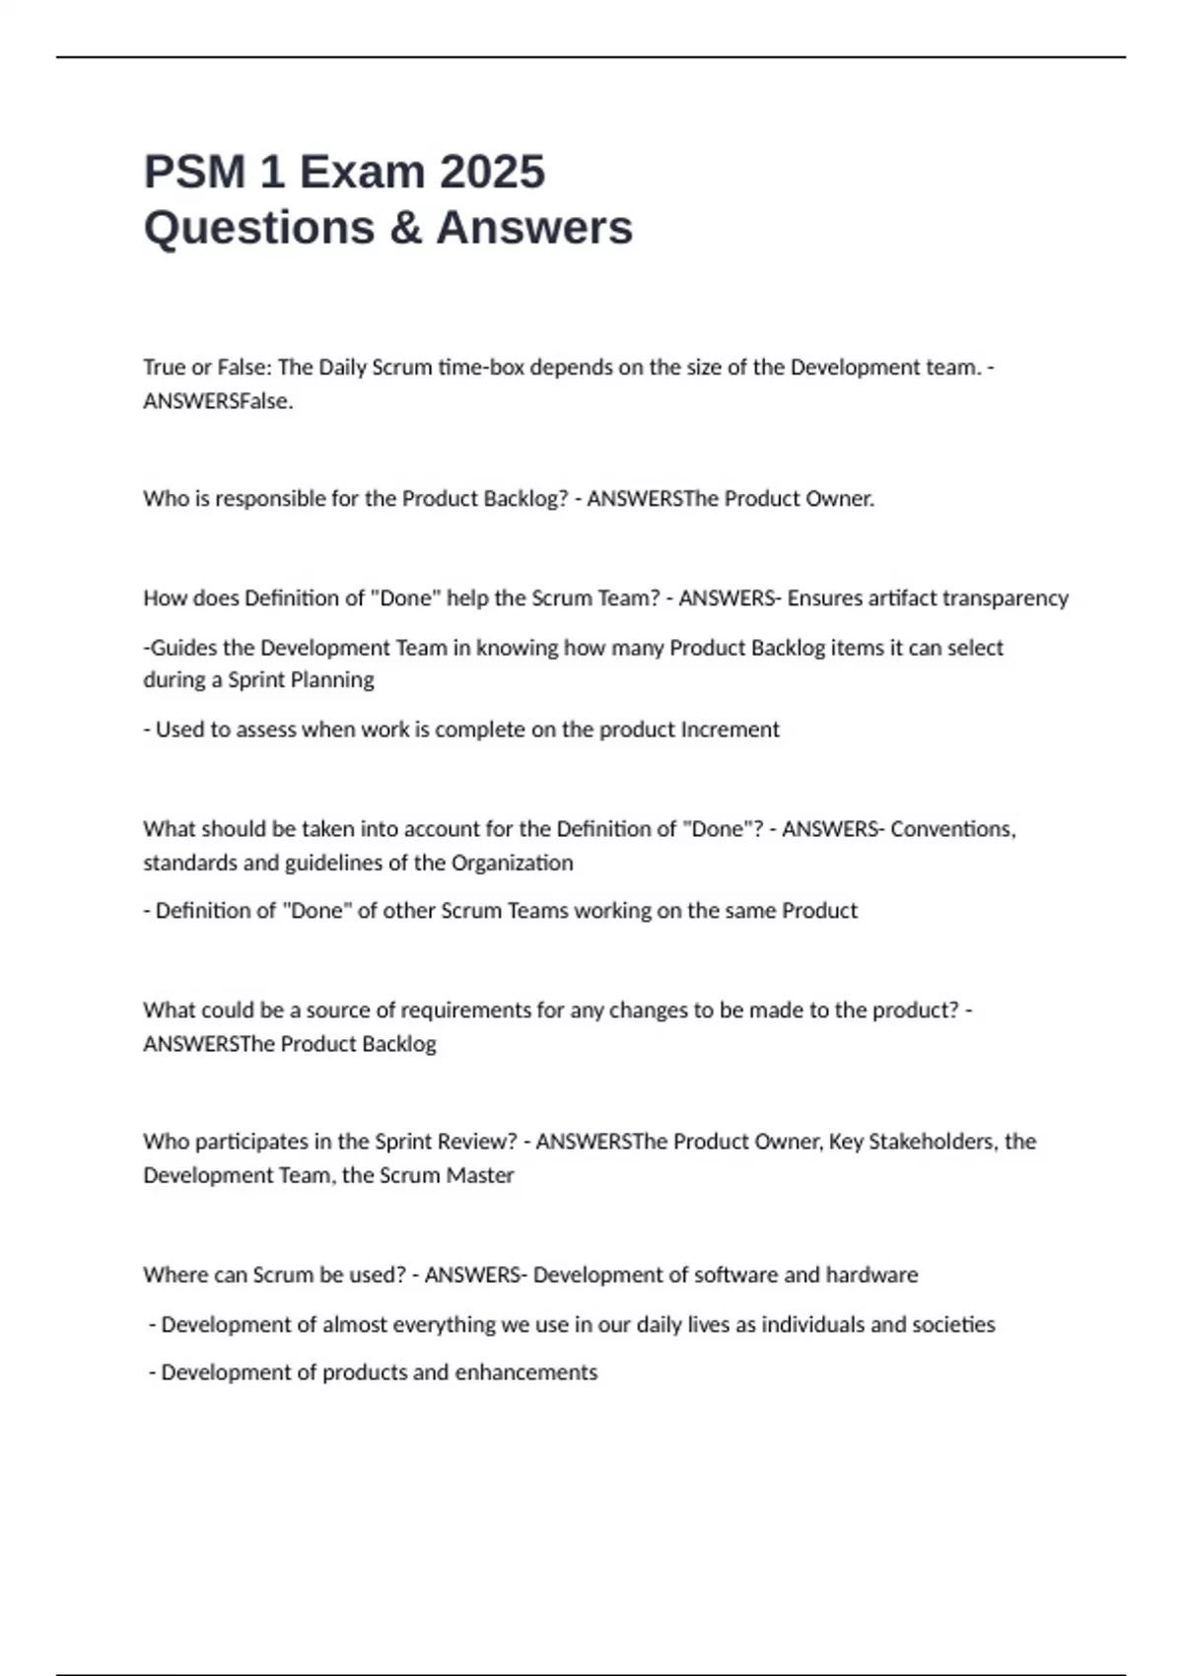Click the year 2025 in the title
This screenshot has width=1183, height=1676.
(492, 172)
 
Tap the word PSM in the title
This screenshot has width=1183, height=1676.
(194, 172)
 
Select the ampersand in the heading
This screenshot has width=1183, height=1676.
(405, 228)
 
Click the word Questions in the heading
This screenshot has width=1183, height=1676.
(258, 228)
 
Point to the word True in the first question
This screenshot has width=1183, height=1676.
(164, 368)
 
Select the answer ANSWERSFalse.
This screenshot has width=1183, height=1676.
(218, 401)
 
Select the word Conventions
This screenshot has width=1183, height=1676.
(952, 829)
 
